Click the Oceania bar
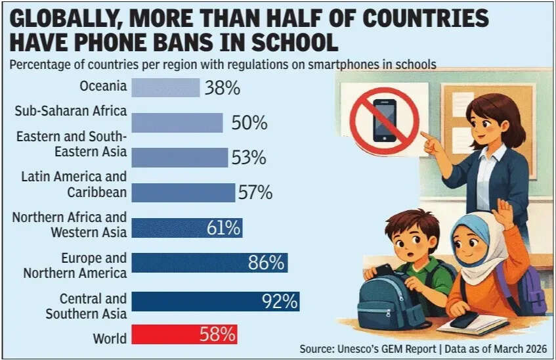click(x=165, y=87)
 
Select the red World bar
click(x=184, y=334)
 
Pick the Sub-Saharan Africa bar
click(x=177, y=123)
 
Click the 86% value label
click(x=266, y=263)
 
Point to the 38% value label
click(x=222, y=88)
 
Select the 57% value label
click(x=255, y=192)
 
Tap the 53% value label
click(x=248, y=158)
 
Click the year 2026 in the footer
click(x=534, y=348)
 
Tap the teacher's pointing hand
click(x=430, y=142)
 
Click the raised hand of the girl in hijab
click(x=503, y=214)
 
